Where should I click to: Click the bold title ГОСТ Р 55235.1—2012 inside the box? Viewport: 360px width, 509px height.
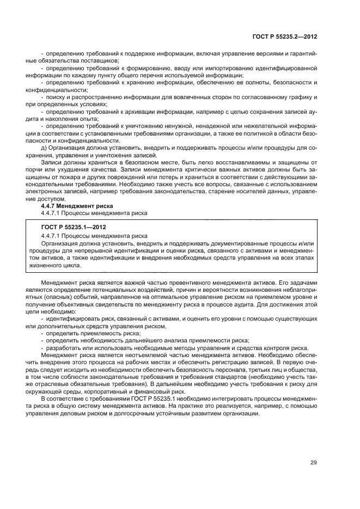coord(74,227)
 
